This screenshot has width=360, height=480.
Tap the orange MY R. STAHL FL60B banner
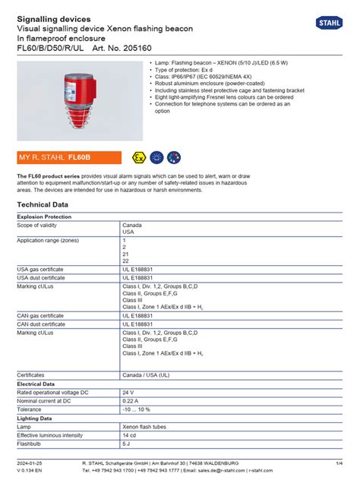69,157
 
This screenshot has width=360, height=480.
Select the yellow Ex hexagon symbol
137,157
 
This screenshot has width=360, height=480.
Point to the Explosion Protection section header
44,216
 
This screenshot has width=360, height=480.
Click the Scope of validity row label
42,226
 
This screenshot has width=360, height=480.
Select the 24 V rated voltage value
128,392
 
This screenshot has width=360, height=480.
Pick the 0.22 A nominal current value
131,400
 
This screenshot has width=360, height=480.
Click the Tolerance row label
31,409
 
